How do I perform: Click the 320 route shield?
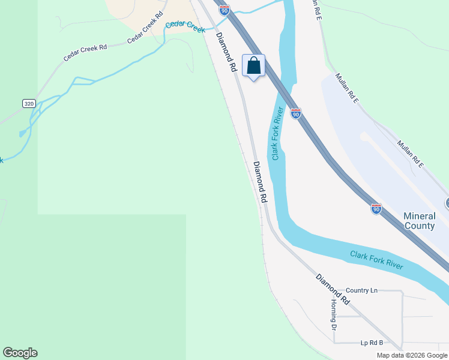(x=29, y=104)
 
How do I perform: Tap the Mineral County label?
(x=419, y=221)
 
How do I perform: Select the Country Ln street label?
(x=362, y=290)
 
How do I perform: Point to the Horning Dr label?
(x=334, y=314)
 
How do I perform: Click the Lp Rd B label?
(x=372, y=343)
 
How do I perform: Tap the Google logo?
(x=20, y=353)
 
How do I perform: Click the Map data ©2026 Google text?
(x=412, y=355)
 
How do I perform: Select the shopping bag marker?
(x=254, y=66)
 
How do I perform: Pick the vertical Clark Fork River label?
(x=277, y=134)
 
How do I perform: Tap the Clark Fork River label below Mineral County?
(x=377, y=260)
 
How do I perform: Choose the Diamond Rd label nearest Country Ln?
(x=333, y=289)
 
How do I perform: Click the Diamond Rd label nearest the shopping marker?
(x=227, y=53)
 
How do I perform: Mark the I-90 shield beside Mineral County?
(x=376, y=208)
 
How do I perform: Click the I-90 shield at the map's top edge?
(x=224, y=10)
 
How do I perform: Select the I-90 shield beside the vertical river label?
(x=295, y=113)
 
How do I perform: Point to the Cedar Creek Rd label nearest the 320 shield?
(x=85, y=52)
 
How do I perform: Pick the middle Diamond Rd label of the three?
(x=260, y=181)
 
